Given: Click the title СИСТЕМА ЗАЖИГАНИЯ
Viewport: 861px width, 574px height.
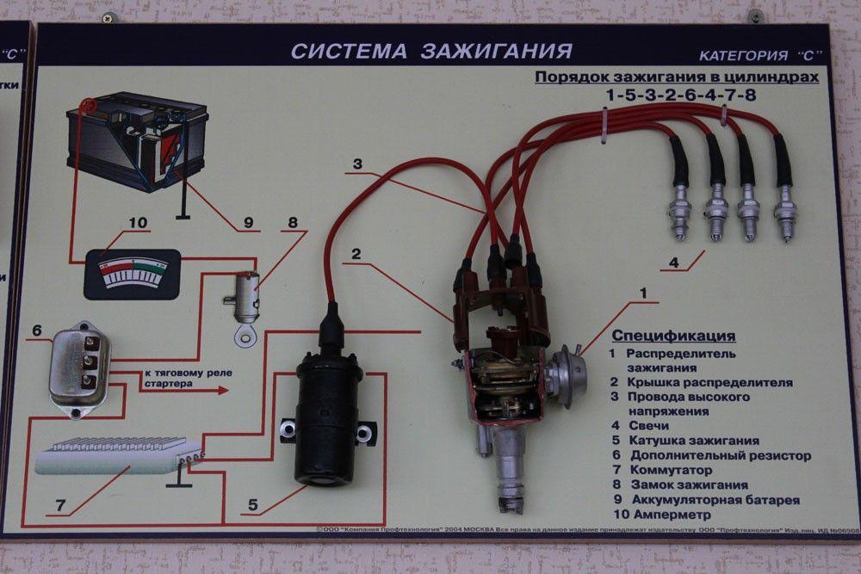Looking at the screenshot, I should [x=430, y=51].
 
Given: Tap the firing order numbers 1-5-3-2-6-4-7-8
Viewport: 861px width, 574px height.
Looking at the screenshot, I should [x=680, y=95].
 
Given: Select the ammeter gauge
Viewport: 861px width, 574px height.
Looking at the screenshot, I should [x=132, y=274].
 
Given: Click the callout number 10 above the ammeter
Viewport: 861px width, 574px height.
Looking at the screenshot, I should [x=138, y=222].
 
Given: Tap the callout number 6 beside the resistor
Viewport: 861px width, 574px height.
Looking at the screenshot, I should [x=37, y=330].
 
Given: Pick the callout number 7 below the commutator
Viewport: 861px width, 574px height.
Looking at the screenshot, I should [x=60, y=505].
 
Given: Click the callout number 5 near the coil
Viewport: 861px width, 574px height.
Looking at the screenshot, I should [x=252, y=504].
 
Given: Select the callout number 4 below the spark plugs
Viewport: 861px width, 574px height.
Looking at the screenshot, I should [x=673, y=262].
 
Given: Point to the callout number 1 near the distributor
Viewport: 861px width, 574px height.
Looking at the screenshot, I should [x=641, y=293].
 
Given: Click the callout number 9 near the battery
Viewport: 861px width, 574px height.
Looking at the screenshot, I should [x=249, y=222].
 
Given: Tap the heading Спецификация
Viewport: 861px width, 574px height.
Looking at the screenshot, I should [x=672, y=336].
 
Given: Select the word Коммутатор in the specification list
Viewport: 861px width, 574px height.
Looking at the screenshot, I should [x=671, y=470].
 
